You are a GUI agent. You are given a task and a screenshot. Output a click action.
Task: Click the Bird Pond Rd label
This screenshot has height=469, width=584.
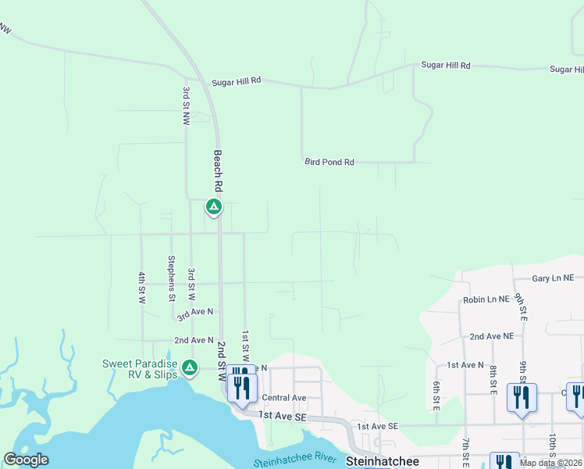coord(329,163)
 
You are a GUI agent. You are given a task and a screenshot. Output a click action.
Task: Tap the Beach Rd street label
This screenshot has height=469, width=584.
coord(219,170)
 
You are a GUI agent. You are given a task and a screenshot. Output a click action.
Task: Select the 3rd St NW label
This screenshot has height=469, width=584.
coord(187,106)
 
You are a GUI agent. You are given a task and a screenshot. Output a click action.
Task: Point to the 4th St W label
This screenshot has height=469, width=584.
coord(142,287)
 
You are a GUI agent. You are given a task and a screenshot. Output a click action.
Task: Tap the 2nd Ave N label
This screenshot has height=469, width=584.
coord(194,340)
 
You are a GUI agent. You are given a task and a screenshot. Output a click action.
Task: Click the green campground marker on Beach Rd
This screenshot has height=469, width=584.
coord(213,207)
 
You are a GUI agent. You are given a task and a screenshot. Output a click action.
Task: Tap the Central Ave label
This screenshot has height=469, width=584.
coord(284,398)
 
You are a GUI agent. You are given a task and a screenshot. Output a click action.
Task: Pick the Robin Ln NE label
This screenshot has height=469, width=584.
coord(486,299)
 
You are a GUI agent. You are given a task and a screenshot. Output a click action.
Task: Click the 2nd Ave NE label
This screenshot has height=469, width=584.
coord(491,336)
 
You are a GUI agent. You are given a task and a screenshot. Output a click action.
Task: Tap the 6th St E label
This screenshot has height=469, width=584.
coord(436,396)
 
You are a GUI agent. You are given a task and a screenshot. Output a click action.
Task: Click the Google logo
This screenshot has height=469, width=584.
coord(26,460)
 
